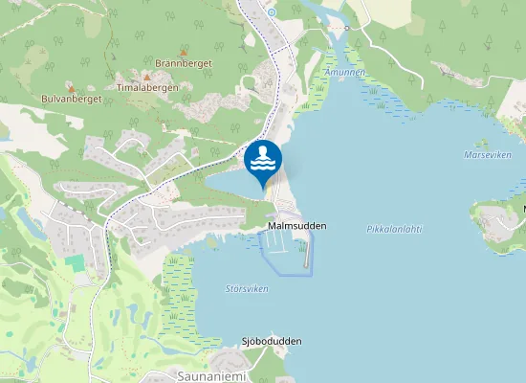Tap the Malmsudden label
pos(297,226)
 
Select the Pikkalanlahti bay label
pos(394,229)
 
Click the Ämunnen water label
pos(344,72)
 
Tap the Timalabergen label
pos(147,86)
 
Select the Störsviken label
pos(247,288)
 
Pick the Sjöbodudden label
pos(272,341)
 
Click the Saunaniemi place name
pos(212,376)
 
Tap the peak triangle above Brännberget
pos(184,51)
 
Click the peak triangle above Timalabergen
pos(147,75)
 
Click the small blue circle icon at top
pos(271,11)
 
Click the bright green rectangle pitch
pos(74,260)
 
